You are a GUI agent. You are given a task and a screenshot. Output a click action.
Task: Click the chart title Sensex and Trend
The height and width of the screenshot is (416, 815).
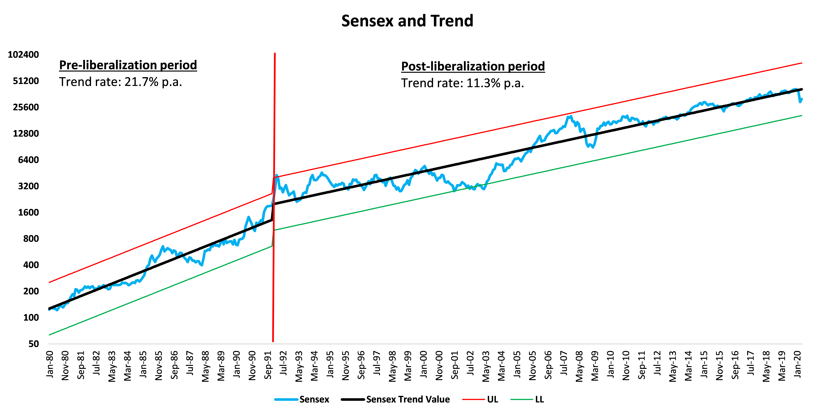click(407, 21)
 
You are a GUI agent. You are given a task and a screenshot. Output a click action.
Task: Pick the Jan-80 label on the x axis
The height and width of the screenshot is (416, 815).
click(50, 364)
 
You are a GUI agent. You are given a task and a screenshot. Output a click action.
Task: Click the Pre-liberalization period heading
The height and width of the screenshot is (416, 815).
click(128, 65)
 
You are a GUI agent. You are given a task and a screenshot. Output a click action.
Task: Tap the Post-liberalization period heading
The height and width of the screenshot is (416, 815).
click(473, 66)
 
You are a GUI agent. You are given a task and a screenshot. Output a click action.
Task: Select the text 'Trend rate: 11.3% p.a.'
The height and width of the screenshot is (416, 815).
click(463, 83)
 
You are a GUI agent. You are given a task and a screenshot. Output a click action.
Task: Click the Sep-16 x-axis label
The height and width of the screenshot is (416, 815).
click(735, 365)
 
